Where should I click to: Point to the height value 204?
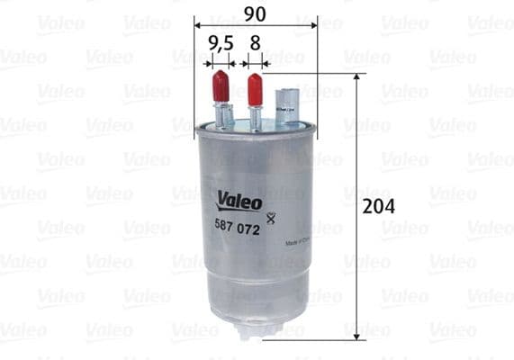pyautogui.click(x=378, y=206)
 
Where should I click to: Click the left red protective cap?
pyautogui.click(x=219, y=88)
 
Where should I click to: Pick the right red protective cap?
pyautogui.click(x=255, y=88)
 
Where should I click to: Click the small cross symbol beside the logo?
pyautogui.click(x=271, y=212)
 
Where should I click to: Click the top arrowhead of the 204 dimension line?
pyautogui.click(x=357, y=78)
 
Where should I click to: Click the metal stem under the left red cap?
pyautogui.click(x=221, y=115)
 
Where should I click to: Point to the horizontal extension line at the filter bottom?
pyautogui.click(x=315, y=338)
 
